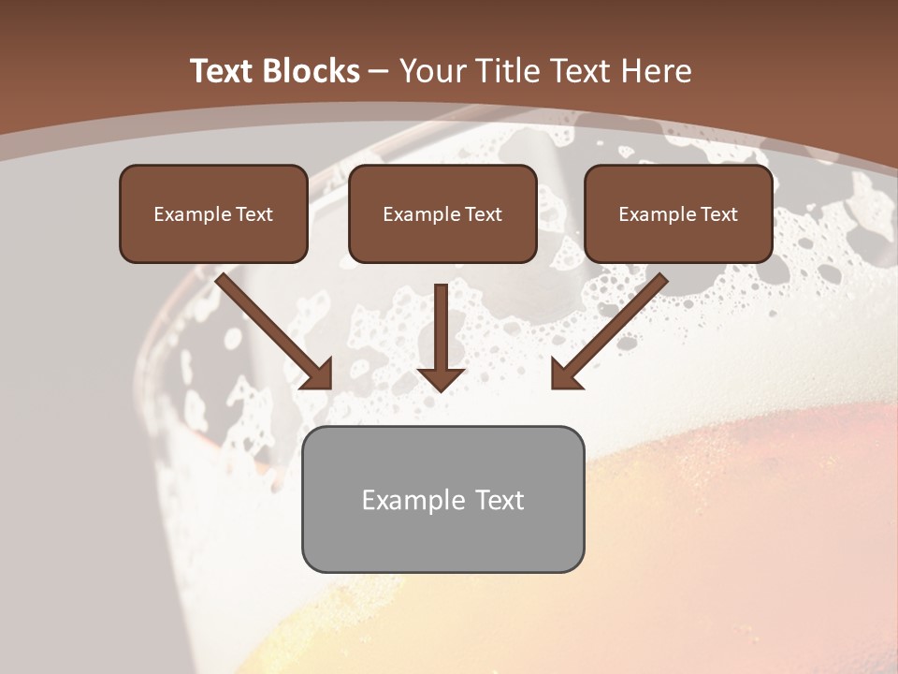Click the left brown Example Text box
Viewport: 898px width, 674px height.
pyautogui.click(x=213, y=213)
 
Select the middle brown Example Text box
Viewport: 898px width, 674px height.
pyautogui.click(x=442, y=213)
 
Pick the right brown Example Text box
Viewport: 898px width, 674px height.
pyautogui.click(x=678, y=213)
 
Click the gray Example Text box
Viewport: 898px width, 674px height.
pyautogui.click(x=442, y=499)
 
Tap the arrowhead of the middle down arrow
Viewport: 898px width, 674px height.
pyautogui.click(x=441, y=378)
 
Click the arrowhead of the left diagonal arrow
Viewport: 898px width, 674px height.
pyautogui.click(x=318, y=374)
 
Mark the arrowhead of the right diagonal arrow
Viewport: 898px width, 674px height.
pyautogui.click(x=565, y=374)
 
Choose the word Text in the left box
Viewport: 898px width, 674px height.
pyautogui.click(x=254, y=214)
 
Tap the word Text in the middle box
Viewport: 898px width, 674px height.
pyautogui.click(x=484, y=214)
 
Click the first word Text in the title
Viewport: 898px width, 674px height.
pyautogui.click(x=223, y=71)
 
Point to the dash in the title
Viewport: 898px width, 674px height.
pyautogui.click(x=379, y=71)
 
